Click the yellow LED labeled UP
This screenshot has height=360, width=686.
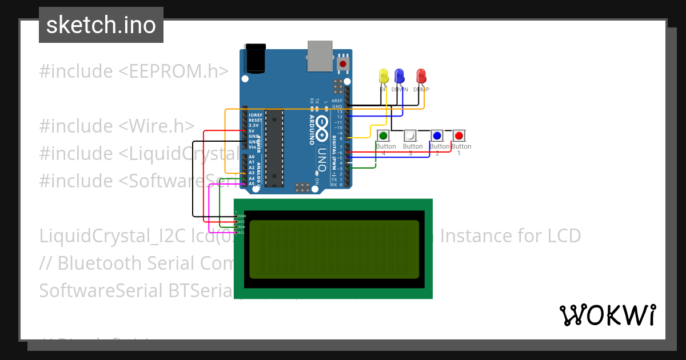tap(384, 76)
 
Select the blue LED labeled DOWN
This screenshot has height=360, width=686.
tap(400, 76)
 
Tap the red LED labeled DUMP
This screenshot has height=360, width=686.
tap(421, 76)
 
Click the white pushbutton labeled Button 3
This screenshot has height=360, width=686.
tap(410, 136)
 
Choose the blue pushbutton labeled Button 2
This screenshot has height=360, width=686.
tap(437, 136)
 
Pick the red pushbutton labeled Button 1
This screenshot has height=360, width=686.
tap(458, 136)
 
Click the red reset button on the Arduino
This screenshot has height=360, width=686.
tap(343, 64)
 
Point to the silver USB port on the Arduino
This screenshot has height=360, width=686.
tap(320, 56)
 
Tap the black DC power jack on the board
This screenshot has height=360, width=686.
tap(255, 58)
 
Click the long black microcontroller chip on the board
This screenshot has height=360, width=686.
tap(274, 149)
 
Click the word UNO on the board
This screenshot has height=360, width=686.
tap(322, 155)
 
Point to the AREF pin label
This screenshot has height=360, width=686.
tap(337, 101)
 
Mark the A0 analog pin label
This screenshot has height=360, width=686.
tap(252, 157)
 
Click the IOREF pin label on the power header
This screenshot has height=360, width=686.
tap(255, 115)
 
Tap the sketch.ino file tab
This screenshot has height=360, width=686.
tap(101, 25)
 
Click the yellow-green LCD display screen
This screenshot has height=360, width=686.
tap(334, 249)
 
